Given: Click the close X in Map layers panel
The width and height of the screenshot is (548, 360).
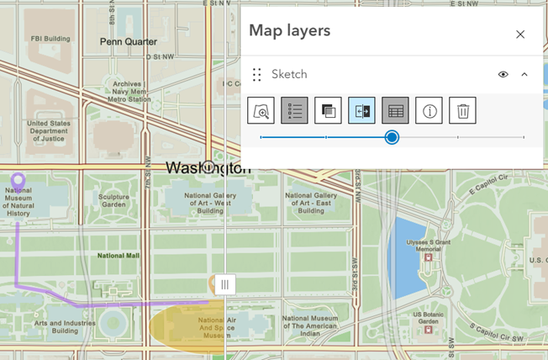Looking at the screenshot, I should click(520, 34).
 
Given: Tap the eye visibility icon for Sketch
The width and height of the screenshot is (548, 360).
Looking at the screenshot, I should click(503, 74).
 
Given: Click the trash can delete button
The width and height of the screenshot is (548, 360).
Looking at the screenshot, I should click(462, 110).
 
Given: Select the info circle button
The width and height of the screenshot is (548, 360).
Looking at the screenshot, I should click(429, 110).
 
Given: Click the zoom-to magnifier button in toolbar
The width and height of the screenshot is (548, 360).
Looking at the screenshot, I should click(261, 110).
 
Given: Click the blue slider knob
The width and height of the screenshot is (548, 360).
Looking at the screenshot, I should click(392, 137).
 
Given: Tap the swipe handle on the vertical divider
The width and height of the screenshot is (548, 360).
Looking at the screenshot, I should click(225, 284).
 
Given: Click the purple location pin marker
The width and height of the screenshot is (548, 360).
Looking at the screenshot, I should click(18, 182).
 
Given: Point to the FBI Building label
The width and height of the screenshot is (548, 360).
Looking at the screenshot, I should click(49, 39).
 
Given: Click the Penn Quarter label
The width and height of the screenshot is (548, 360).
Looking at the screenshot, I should click(128, 41).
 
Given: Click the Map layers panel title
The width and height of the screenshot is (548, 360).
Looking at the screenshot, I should click(289, 31).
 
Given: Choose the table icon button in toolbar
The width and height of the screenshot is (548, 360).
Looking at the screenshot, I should click(395, 110).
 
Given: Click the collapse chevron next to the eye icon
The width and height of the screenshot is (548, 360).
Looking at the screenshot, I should click(524, 74).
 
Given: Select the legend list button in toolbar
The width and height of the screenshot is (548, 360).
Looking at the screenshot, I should click(294, 110).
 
